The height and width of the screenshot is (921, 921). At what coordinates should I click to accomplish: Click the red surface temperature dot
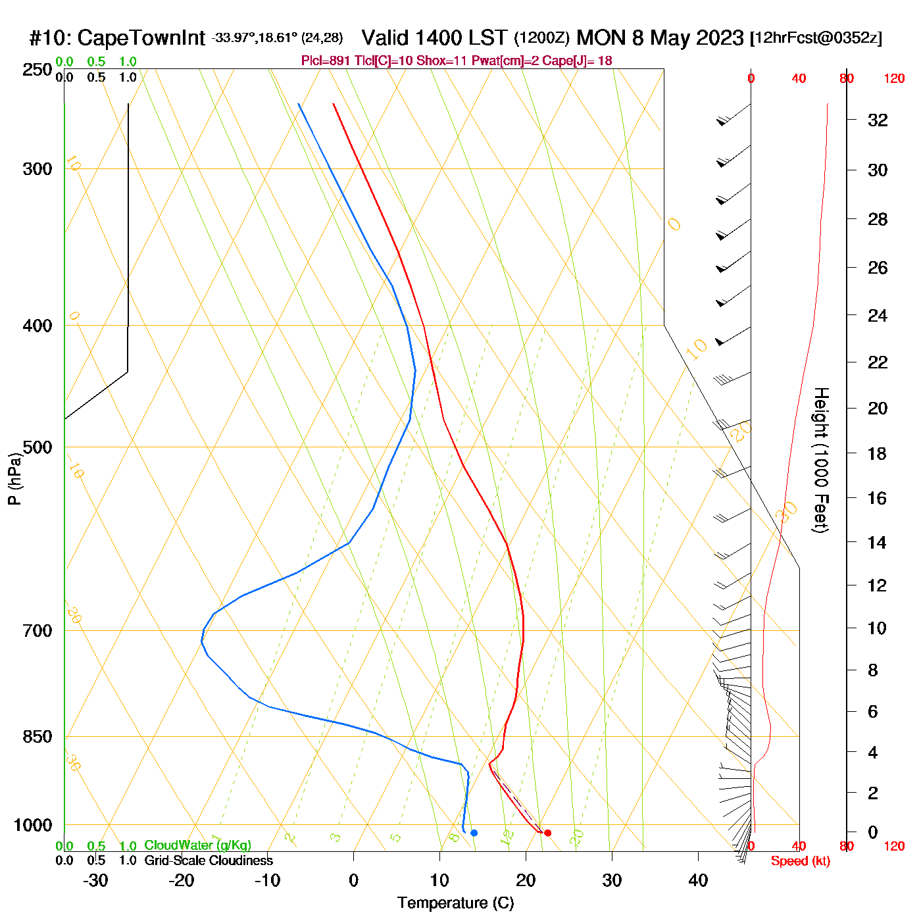tap(547, 833)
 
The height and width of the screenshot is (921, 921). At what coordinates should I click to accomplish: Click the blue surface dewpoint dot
tap(474, 833)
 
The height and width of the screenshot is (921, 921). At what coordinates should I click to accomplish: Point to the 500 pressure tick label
tap(37, 447)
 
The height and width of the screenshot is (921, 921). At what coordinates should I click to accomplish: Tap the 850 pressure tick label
tap(37, 737)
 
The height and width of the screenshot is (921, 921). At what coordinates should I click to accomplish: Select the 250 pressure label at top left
tap(37, 70)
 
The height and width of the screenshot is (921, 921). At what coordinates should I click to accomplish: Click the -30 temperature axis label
tap(95, 880)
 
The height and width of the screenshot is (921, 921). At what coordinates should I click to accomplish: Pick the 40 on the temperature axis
tap(698, 880)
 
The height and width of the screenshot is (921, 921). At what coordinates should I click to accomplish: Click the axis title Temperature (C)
tap(455, 903)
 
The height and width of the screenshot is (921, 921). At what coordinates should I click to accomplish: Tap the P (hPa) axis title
tap(14, 478)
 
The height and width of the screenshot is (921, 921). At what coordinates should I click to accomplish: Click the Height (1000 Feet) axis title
tap(821, 460)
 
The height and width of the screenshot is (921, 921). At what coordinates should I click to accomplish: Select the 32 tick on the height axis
tap(878, 120)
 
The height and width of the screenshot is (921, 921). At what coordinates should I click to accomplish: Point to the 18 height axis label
tap(877, 453)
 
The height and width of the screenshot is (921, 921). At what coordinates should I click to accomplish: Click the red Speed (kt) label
tap(800, 861)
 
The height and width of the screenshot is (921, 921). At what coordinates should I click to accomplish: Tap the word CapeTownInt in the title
tap(141, 38)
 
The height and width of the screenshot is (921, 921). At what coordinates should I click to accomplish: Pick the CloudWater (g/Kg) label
tap(197, 845)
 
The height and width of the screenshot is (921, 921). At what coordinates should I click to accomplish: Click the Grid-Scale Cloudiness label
tap(209, 860)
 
